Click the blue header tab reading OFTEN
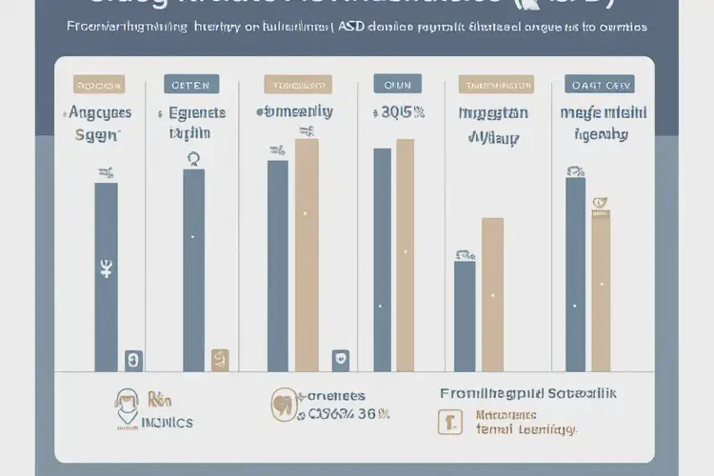(191, 84)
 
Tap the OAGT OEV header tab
(600, 84)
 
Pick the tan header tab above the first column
(100, 84)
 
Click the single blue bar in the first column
(106, 276)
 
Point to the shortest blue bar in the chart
(465, 316)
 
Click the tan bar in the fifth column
(492, 295)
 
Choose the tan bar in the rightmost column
(601, 291)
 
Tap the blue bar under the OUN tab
(382, 259)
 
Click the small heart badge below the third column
(340, 360)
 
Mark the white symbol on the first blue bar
(106, 269)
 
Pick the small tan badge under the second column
(220, 360)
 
